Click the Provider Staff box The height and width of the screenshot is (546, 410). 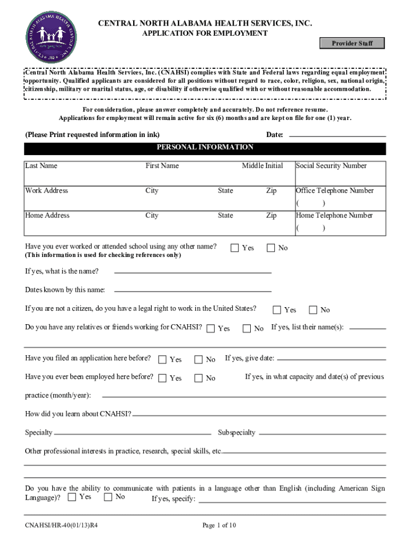352,43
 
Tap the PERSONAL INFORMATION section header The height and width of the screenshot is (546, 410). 205,148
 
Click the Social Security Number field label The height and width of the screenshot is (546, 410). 331,166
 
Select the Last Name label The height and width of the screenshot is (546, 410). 41,166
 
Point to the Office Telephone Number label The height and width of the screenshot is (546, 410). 334,191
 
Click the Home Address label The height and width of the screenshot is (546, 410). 47,215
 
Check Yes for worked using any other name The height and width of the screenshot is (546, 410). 234,247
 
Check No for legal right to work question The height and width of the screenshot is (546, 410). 313,310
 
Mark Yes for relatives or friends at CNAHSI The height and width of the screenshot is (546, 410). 211,328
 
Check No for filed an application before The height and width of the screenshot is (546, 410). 199,359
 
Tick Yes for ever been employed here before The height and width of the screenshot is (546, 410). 162,378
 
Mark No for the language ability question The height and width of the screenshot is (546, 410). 108,497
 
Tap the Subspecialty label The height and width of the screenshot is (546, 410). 236,432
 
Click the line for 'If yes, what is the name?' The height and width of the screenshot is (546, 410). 193,272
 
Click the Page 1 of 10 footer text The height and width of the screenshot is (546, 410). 219,525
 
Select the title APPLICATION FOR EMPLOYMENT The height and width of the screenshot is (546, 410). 204,33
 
